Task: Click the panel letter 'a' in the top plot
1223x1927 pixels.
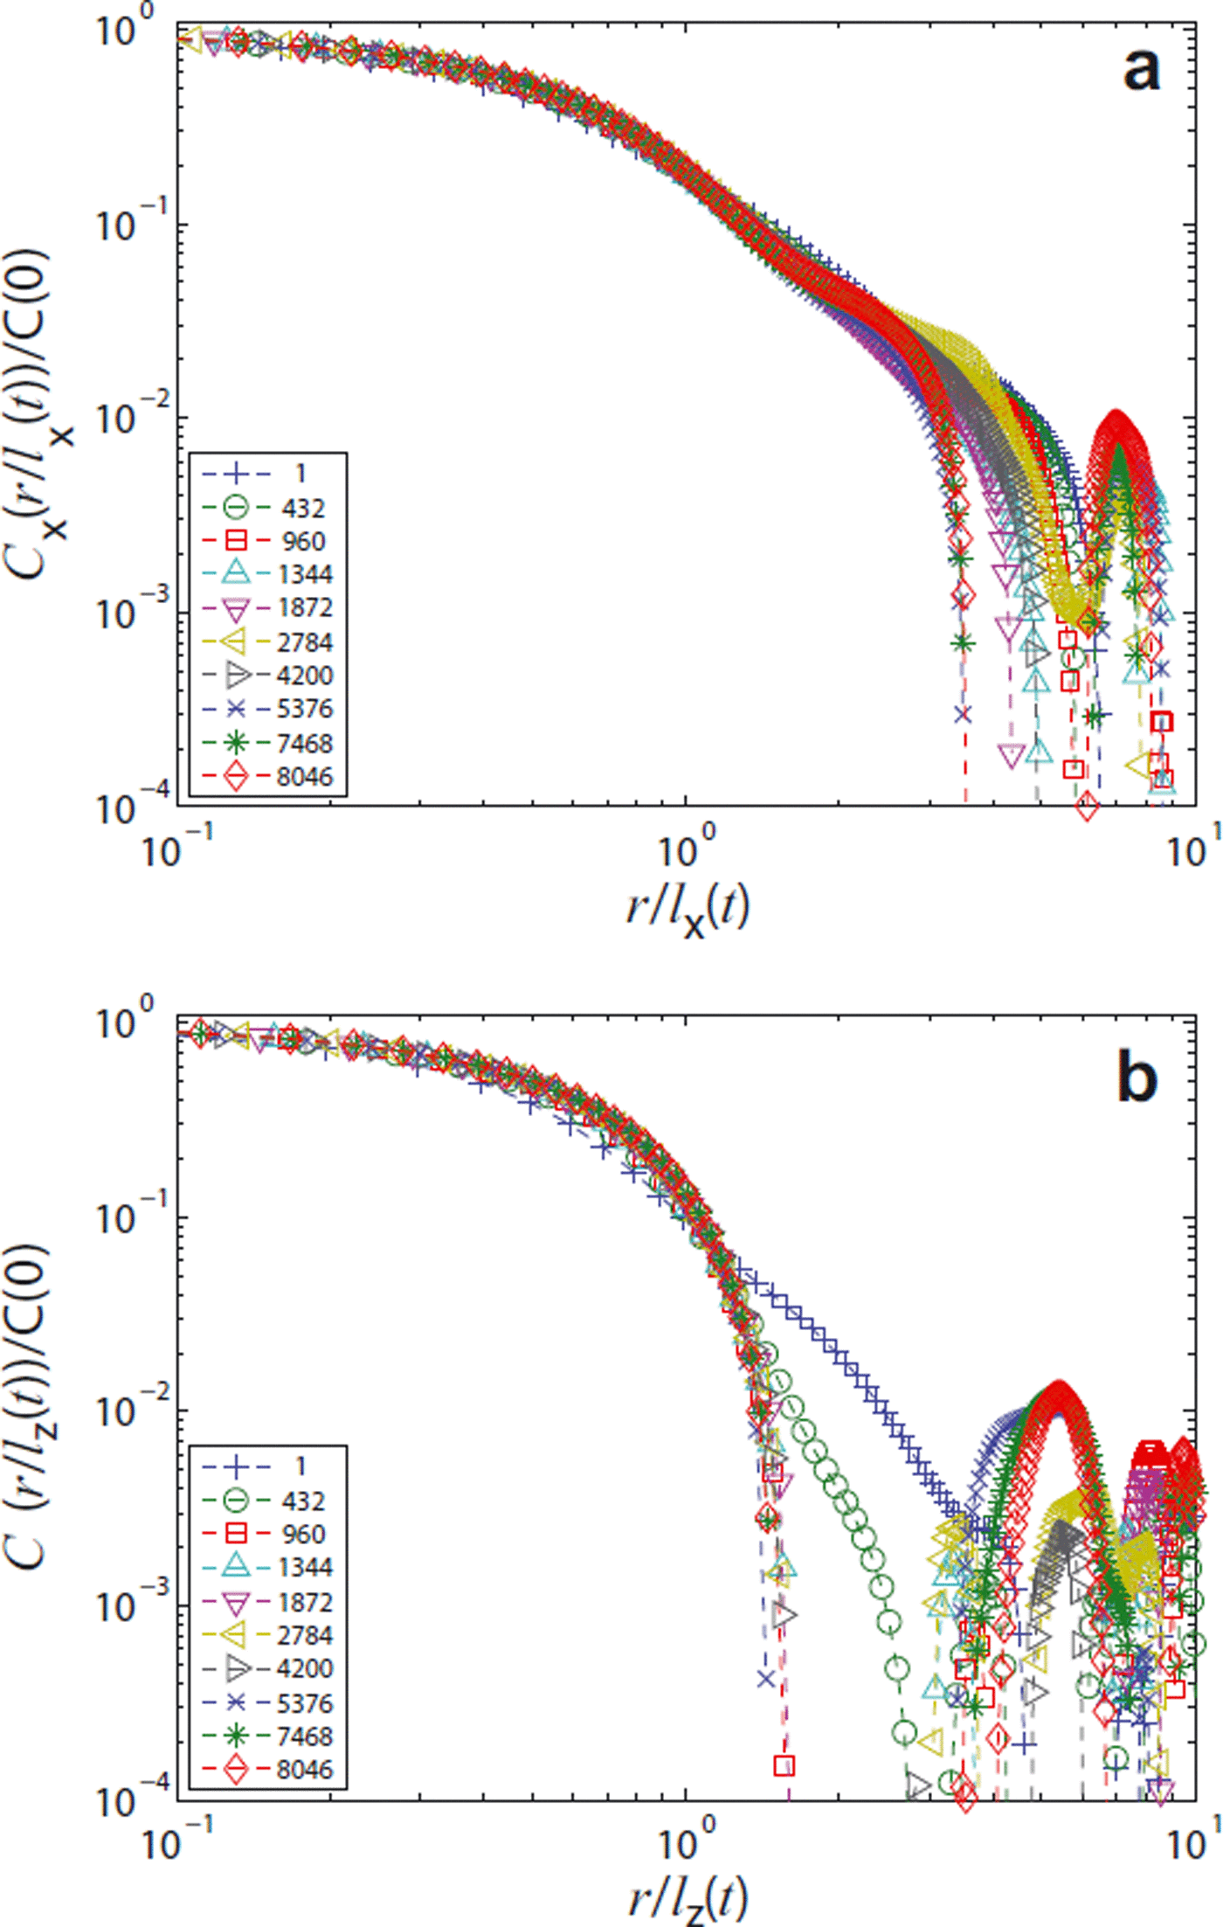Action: coord(1141,69)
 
